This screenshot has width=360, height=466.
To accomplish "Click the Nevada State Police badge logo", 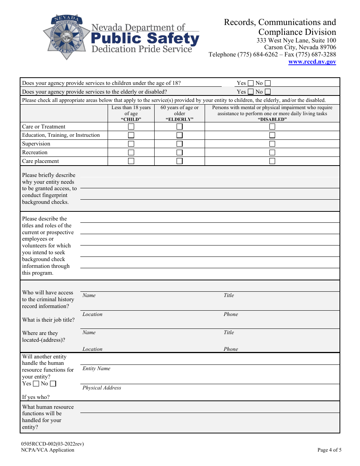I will point(67,37).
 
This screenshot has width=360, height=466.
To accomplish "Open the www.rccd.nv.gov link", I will point(312,62).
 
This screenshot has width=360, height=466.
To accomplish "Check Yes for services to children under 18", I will point(250,83).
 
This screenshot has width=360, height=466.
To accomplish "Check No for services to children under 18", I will point(268,83).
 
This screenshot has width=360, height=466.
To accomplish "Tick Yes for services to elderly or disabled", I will point(250,92).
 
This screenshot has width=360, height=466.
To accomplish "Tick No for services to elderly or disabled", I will point(268,92).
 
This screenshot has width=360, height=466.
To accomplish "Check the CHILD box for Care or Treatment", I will point(131,127).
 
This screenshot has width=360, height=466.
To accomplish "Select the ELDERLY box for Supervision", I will point(180,144).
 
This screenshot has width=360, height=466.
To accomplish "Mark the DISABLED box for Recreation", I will point(272,152).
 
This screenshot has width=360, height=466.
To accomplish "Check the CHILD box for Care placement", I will point(131,161).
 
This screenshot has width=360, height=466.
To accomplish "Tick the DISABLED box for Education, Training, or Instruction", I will point(272,135).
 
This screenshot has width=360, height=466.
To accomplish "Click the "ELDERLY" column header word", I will point(180,119).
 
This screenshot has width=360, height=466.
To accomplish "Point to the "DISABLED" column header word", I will point(272,119).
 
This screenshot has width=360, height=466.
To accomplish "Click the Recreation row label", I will point(35,152).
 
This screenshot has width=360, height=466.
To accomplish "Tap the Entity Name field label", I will point(97,369).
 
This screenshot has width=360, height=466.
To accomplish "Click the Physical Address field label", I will point(102,388).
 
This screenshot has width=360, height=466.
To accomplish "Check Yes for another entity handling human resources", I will point(36,384).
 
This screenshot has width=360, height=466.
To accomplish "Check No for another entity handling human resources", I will point(53,384).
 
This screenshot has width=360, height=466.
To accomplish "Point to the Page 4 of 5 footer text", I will point(329,450).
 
